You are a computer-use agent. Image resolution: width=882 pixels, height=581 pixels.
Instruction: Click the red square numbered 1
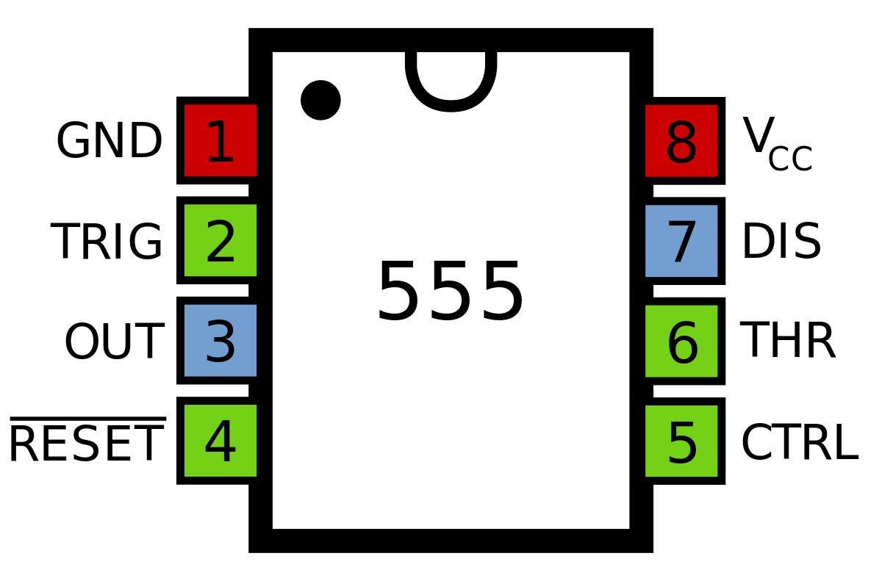pyautogui.click(x=220, y=140)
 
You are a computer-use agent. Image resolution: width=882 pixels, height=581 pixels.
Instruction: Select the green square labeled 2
pyautogui.click(x=220, y=240)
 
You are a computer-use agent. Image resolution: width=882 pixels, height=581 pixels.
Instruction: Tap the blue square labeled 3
pyautogui.click(x=220, y=340)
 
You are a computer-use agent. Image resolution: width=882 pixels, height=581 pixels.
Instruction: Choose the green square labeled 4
pyautogui.click(x=220, y=441)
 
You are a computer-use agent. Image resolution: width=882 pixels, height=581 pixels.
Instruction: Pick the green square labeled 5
pyautogui.click(x=681, y=441)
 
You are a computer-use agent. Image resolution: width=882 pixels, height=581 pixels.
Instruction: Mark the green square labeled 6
pyautogui.click(x=681, y=341)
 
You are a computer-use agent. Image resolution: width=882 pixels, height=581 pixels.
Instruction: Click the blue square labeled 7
pyautogui.click(x=681, y=241)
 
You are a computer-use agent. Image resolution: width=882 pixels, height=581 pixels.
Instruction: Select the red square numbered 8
pyautogui.click(x=681, y=141)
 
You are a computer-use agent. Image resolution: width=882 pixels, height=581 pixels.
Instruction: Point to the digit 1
pyautogui.click(x=220, y=143)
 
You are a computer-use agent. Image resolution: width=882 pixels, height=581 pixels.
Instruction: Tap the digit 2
pyautogui.click(x=220, y=243)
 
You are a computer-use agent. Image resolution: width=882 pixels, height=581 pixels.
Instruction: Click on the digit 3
pyautogui.click(x=220, y=343)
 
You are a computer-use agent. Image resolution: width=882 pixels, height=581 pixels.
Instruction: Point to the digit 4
pyautogui.click(x=220, y=443)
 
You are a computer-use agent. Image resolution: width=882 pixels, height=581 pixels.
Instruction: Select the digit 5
pyautogui.click(x=682, y=444)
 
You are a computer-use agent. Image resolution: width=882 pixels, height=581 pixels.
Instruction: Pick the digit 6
pyautogui.click(x=682, y=344)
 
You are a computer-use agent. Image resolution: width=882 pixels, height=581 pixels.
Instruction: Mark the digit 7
pyautogui.click(x=682, y=244)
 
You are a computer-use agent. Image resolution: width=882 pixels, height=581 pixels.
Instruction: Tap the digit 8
pyautogui.click(x=681, y=144)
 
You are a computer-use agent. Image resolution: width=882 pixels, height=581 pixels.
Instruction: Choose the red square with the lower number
pyautogui.click(x=220, y=140)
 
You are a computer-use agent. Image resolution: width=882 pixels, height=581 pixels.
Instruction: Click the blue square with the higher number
pyautogui.click(x=681, y=241)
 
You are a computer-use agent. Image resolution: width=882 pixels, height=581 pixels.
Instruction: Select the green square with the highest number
pyautogui.click(x=681, y=341)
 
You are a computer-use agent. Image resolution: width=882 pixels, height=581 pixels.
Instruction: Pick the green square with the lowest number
pyautogui.click(x=220, y=240)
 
